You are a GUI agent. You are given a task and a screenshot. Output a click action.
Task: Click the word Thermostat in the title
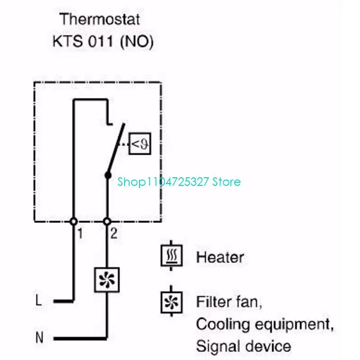coord(100,20)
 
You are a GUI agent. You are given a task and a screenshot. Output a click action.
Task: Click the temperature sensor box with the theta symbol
coord(140,144)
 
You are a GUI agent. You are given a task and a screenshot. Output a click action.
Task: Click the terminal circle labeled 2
coord(107,221)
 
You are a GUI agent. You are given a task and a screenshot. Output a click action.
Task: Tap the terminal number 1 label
coord(80,234)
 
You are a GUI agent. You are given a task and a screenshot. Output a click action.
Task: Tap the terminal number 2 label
coord(114,234)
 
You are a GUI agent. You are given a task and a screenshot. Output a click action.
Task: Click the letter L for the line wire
coord(39,301)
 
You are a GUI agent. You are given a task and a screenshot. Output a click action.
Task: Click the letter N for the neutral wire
coord(40,337)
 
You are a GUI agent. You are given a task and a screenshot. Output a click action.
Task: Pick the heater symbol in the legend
coord(172,256)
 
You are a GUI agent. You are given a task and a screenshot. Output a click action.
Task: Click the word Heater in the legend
coord(220,258)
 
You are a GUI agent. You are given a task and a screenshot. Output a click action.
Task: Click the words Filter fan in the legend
coord(229,301)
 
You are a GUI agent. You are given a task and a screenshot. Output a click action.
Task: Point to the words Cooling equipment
coord(265,324)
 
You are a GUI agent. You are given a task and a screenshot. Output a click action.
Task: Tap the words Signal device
coord(243,346)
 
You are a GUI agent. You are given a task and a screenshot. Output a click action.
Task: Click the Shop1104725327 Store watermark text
coord(179,182)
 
